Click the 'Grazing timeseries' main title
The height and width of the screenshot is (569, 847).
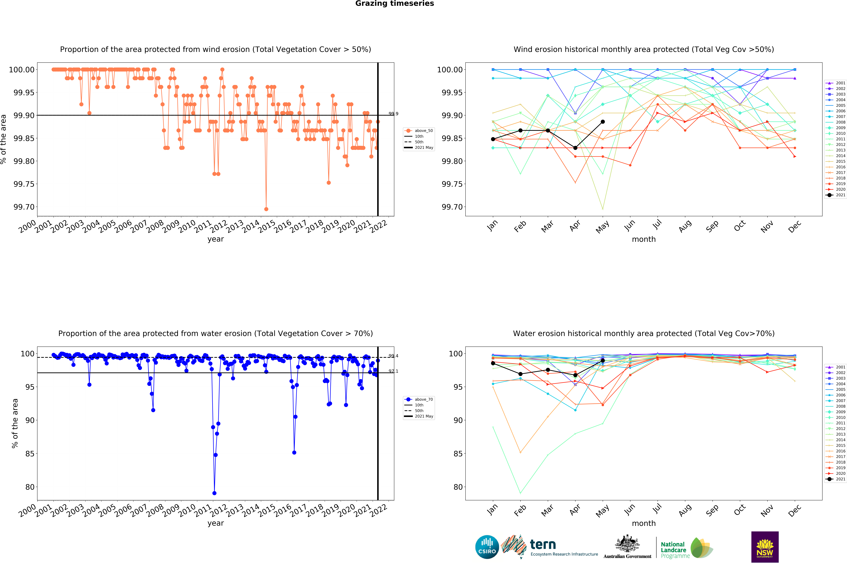point(394,4)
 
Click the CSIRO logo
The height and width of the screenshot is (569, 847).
point(487,547)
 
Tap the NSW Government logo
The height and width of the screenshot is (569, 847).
point(765,547)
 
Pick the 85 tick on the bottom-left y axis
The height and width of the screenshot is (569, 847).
point(30,454)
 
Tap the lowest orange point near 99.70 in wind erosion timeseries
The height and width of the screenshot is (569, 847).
point(266,209)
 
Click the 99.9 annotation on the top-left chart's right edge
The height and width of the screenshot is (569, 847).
point(393,114)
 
